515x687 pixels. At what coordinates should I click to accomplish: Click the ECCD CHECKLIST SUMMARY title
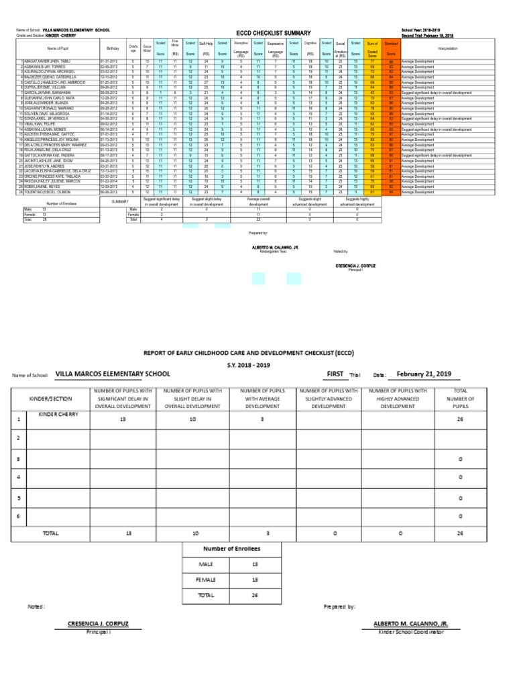coord(273,33)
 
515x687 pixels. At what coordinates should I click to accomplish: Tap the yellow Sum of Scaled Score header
coord(373,48)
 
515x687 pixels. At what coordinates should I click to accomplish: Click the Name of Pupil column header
coord(59,49)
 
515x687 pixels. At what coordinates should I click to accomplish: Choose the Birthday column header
coord(112,49)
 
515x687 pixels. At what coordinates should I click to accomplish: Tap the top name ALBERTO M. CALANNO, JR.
coord(275,248)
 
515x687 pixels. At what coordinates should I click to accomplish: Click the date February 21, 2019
coord(424,374)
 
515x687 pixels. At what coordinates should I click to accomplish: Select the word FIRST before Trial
coord(335,374)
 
